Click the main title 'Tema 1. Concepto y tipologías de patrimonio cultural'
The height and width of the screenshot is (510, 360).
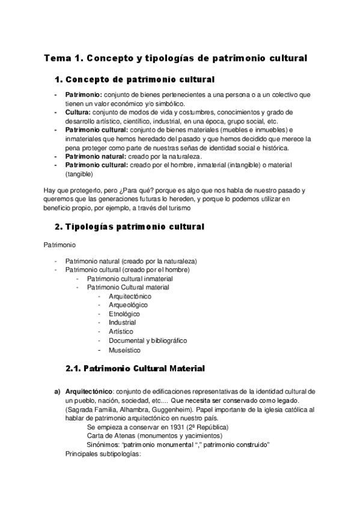(x=175, y=58)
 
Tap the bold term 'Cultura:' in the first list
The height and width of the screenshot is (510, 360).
(x=78, y=112)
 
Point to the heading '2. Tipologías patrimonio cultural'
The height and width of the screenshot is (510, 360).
(x=129, y=227)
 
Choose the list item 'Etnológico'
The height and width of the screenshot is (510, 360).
(x=124, y=314)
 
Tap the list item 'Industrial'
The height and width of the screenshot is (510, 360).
(x=123, y=323)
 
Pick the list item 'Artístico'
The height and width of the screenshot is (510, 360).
(x=121, y=331)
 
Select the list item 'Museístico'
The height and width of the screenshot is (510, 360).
(x=124, y=349)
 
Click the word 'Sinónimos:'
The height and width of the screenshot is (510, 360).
(x=103, y=444)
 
